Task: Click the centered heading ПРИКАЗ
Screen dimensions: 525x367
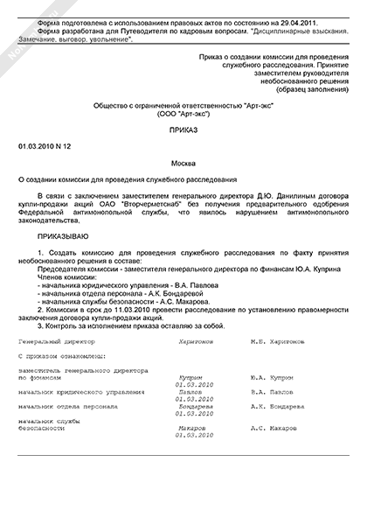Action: (182, 128)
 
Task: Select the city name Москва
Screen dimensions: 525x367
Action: (182, 164)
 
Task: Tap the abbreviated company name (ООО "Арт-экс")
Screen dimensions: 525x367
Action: (182, 113)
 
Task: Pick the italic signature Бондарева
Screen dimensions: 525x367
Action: (196, 407)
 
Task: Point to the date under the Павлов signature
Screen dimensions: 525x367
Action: (194, 398)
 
